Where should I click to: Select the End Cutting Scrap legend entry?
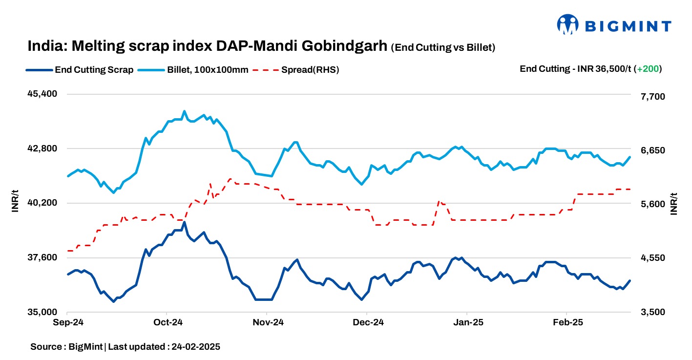[80, 70]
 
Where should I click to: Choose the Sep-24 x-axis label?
[68, 323]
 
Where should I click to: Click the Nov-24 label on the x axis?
[268, 323]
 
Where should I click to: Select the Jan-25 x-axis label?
[467, 323]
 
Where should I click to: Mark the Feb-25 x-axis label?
[567, 323]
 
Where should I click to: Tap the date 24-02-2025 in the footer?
[194, 347]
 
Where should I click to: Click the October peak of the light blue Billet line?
[184, 111]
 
